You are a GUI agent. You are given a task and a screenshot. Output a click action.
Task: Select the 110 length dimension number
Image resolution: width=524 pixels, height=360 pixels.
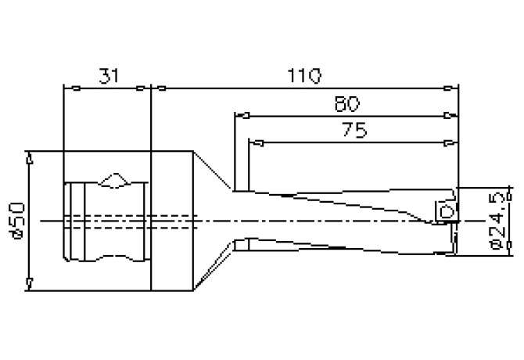point(304,75)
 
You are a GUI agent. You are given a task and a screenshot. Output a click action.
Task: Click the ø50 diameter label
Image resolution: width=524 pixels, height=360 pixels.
point(17,219)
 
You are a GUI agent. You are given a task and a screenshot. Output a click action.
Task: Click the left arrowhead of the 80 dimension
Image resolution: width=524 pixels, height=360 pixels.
point(241,115)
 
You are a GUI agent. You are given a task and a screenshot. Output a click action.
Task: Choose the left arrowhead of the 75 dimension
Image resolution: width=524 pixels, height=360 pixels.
point(254,142)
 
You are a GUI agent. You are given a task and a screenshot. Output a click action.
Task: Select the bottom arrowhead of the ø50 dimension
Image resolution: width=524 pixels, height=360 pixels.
point(29,283)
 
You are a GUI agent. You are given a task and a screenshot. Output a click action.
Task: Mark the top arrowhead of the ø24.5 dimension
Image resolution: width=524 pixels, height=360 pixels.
point(509,193)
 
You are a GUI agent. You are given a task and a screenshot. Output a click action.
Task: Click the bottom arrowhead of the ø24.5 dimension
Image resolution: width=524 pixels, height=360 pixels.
point(509,250)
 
